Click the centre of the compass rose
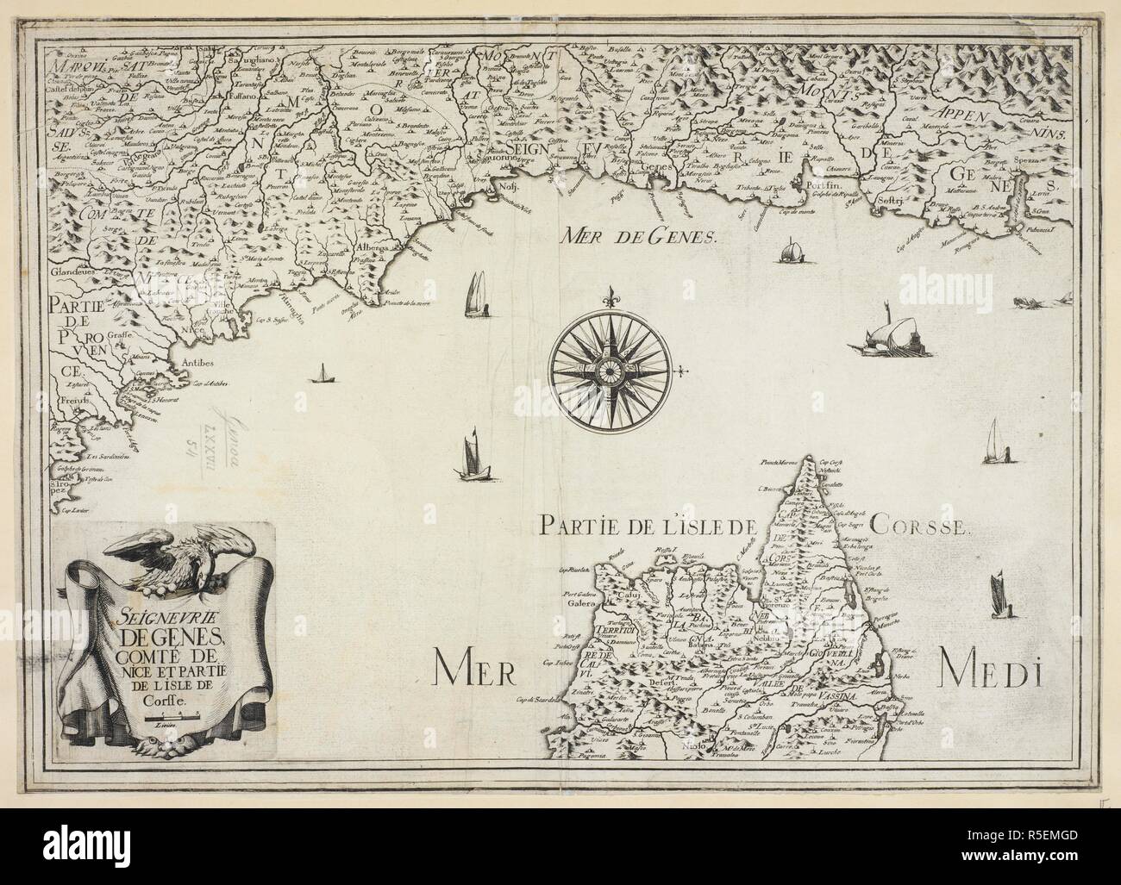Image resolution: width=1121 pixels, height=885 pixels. click(611, 370)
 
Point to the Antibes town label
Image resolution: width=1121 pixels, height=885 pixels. click(197, 363)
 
